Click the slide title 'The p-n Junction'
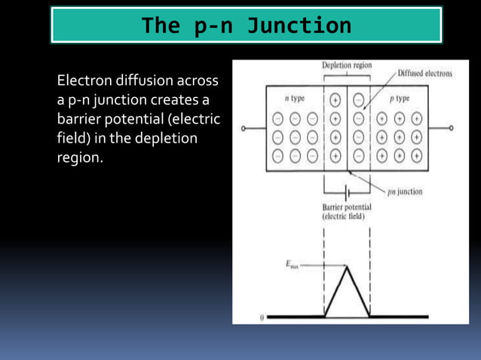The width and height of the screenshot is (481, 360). click(x=246, y=26)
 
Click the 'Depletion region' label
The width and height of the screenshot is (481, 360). click(x=347, y=66)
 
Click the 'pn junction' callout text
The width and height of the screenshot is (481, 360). click(x=405, y=191)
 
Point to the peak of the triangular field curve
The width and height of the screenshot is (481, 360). click(x=347, y=265)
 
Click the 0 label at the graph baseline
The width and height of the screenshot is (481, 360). click(x=261, y=317)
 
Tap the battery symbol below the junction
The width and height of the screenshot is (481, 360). click(x=347, y=191)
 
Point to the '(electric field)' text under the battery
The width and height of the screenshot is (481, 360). click(x=343, y=217)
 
